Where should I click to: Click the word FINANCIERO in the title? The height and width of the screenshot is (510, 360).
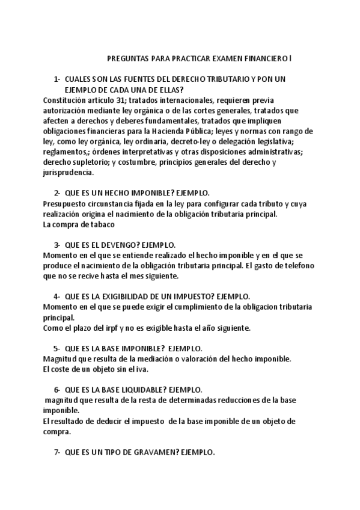(x=267, y=59)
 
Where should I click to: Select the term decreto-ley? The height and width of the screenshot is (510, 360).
(x=188, y=141)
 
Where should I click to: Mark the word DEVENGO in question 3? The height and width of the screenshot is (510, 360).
(x=129, y=245)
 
